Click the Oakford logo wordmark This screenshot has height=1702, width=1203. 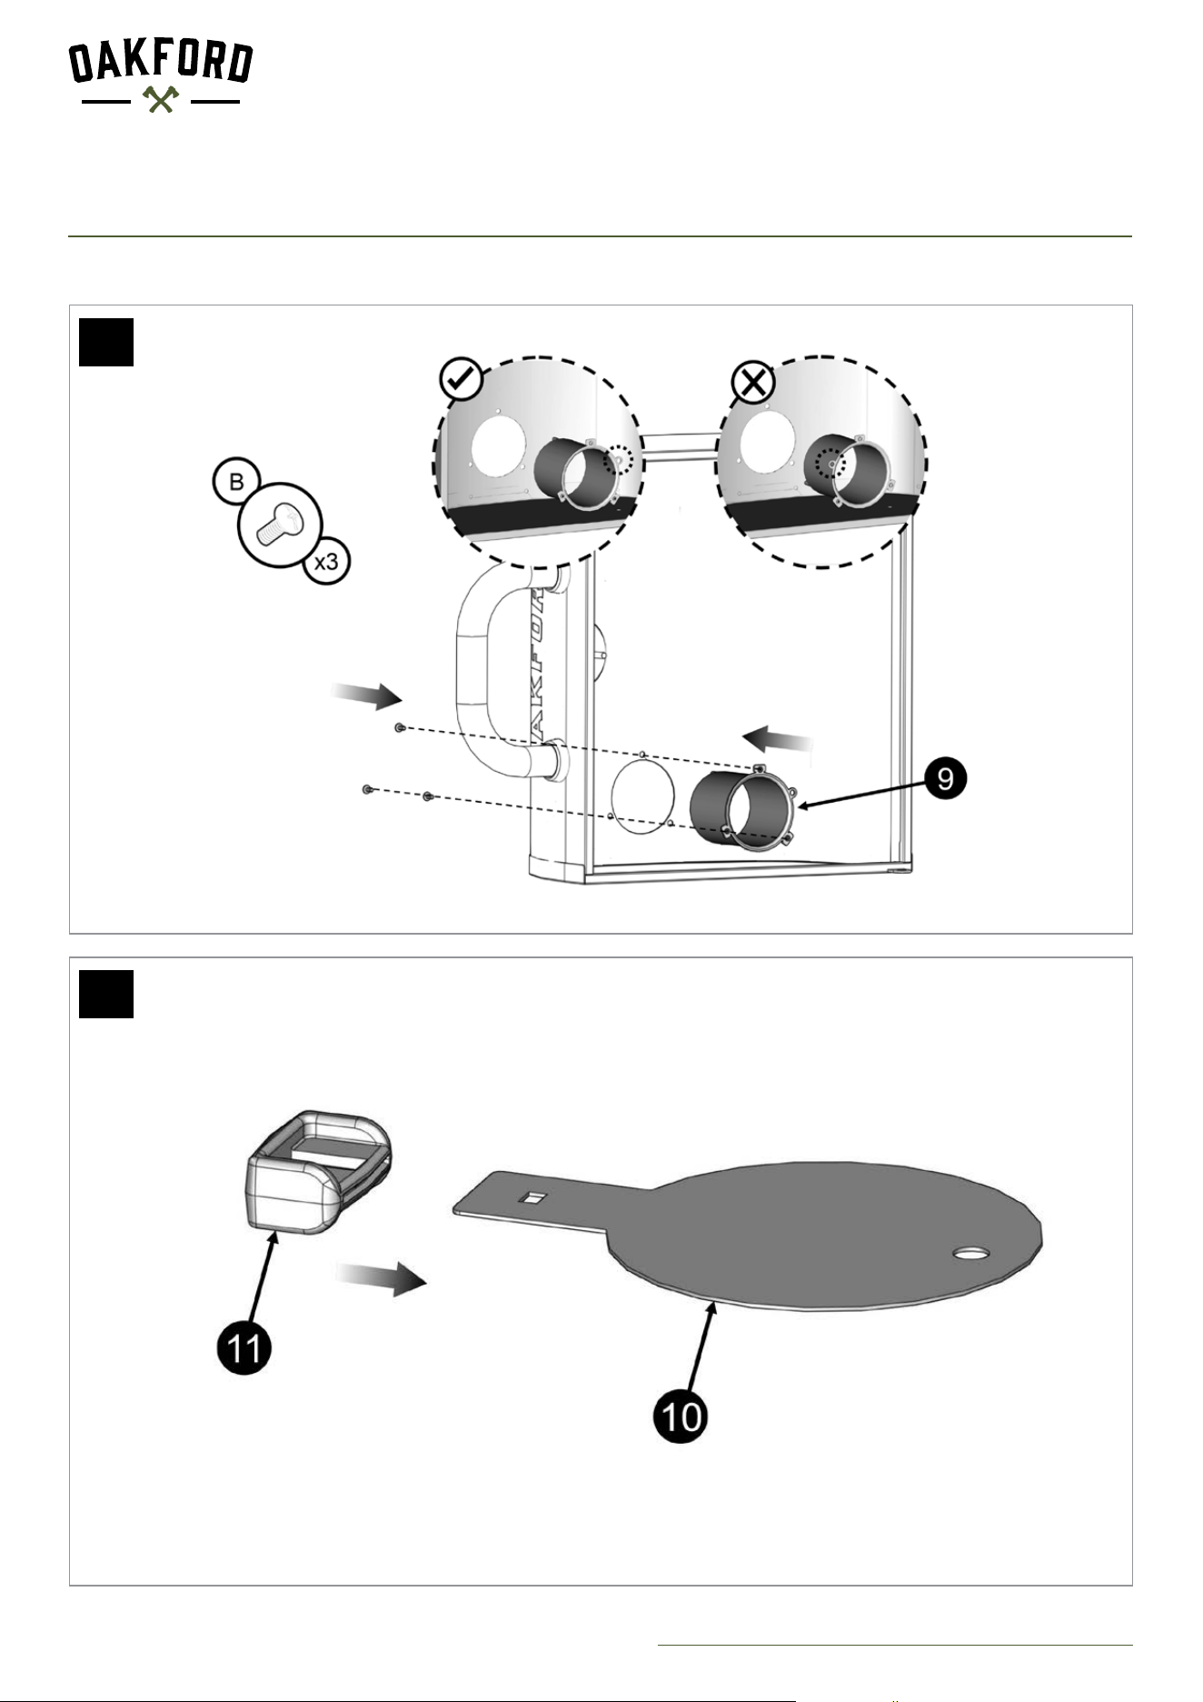coord(161,63)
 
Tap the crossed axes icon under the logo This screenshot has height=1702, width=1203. coord(161,99)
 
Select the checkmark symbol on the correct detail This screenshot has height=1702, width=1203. coord(462,379)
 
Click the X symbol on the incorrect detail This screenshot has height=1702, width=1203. coord(753,383)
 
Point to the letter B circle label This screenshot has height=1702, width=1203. coord(236,482)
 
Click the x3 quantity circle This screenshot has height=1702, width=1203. coord(325,561)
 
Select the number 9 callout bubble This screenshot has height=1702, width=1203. coord(946,779)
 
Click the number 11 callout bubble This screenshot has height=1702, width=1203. coord(244,1347)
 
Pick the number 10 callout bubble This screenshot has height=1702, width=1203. coord(680,1416)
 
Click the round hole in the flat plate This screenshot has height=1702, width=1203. coord(971,1254)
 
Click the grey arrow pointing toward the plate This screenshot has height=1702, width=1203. coord(381,1279)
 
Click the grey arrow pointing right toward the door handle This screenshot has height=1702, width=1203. coord(366,697)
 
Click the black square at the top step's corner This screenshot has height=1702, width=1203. coord(106,343)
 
